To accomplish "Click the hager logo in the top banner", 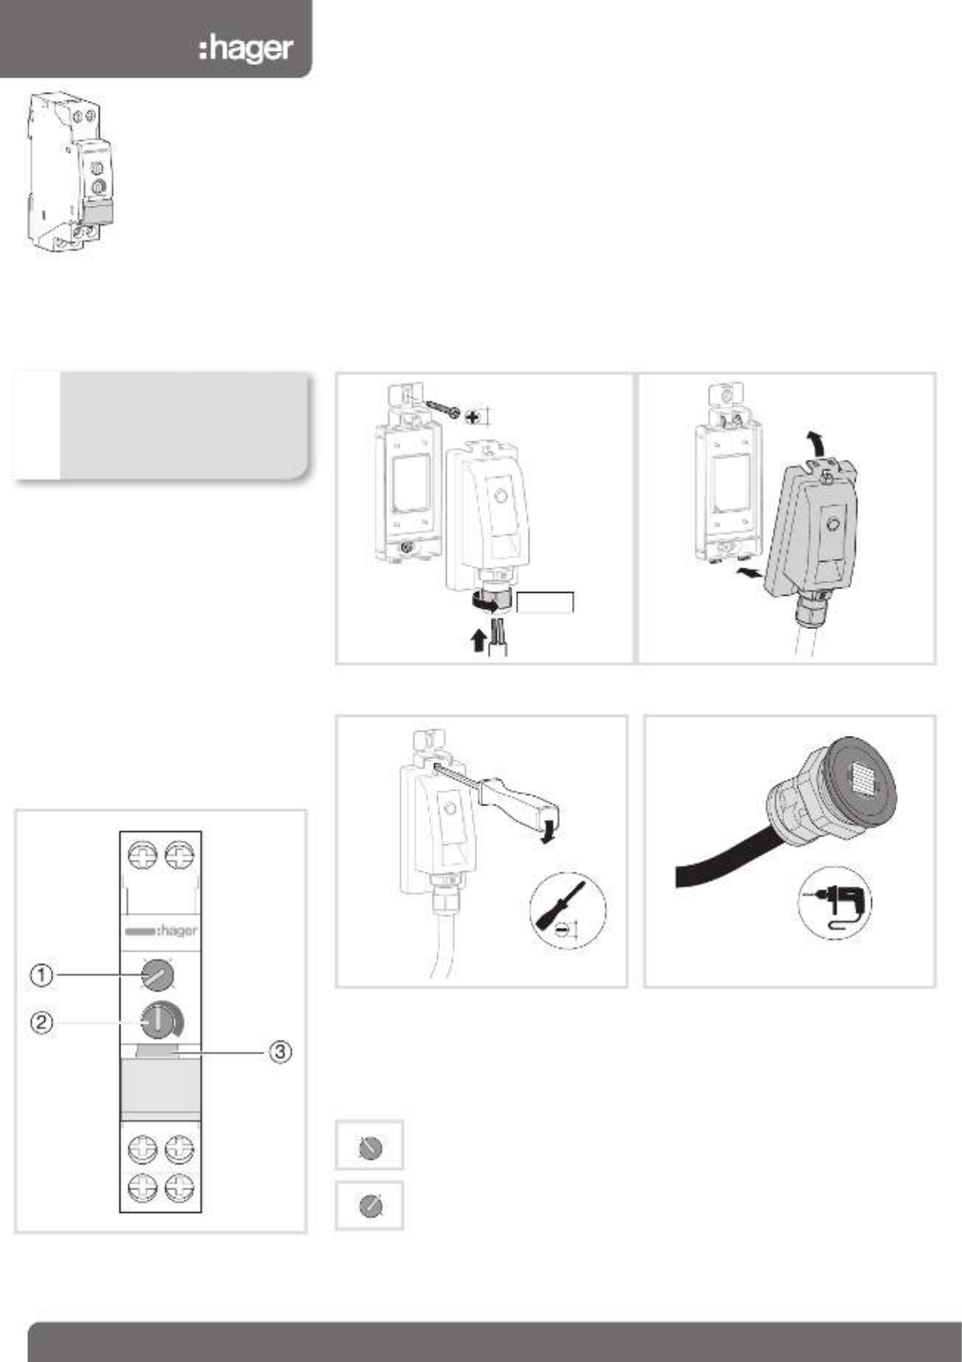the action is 246,49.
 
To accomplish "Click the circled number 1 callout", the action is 41,976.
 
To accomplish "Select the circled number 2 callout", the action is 41,1024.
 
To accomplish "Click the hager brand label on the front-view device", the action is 161,931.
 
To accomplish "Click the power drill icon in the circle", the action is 834,902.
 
